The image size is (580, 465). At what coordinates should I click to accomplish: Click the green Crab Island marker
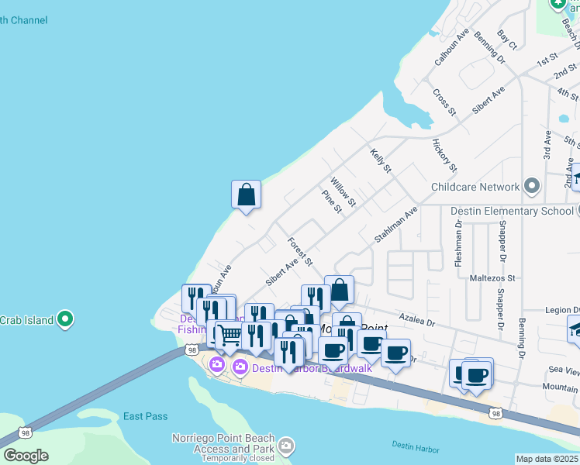click(x=66, y=319)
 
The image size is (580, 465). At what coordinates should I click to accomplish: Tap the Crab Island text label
click(x=26, y=320)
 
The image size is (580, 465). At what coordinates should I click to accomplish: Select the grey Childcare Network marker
click(x=531, y=187)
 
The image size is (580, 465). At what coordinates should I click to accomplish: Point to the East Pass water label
click(x=145, y=416)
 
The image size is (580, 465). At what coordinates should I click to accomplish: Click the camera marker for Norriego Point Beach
click(x=287, y=445)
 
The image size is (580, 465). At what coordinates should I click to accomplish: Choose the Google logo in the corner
click(x=26, y=455)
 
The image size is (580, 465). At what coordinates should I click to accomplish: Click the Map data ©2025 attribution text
click(x=547, y=459)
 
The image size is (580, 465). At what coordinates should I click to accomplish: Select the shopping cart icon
click(x=230, y=336)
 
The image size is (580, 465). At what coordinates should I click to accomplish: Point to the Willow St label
click(x=343, y=191)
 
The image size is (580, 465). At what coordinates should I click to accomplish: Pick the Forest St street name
click(x=299, y=252)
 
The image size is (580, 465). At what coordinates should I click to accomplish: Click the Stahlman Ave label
click(x=396, y=225)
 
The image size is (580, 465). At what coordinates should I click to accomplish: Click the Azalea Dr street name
click(x=418, y=317)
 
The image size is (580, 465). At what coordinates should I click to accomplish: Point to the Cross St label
click(x=444, y=102)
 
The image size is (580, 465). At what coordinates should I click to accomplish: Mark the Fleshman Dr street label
click(x=458, y=241)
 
